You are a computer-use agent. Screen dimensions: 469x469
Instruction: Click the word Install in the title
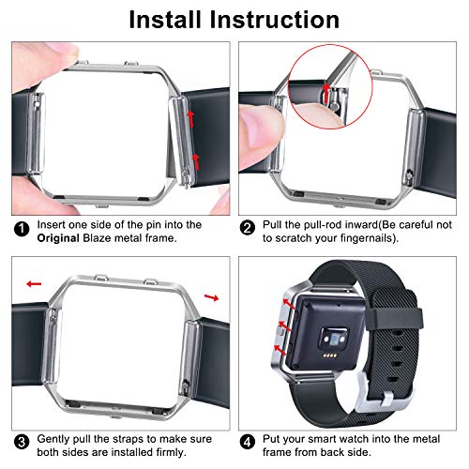[165, 20]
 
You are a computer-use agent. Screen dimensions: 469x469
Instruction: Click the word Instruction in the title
[275, 20]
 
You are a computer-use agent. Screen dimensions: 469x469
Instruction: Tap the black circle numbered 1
[22, 229]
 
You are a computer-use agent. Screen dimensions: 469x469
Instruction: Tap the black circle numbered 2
[248, 228]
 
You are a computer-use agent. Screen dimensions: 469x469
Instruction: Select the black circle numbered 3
[22, 443]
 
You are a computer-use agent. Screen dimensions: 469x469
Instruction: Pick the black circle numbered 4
[248, 443]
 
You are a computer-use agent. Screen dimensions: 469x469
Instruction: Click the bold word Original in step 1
[58, 238]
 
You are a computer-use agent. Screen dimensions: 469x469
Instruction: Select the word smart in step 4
[323, 439]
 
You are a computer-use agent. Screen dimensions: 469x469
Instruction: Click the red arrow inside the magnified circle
[326, 93]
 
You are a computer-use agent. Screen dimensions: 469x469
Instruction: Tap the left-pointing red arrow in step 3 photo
[34, 284]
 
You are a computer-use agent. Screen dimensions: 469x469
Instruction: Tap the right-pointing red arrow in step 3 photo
[212, 297]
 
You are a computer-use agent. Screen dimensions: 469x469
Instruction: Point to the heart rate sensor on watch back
[334, 339]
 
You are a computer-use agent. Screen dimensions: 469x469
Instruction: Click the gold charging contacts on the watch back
[330, 356]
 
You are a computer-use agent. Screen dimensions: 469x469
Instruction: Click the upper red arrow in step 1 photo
[190, 118]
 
